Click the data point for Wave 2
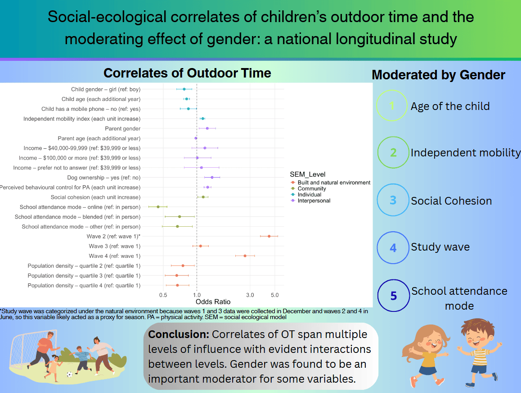(269, 236)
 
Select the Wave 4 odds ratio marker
(245, 256)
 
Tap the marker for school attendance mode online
(158, 207)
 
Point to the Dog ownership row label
(103, 178)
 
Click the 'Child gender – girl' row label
(106, 89)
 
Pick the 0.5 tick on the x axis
(163, 295)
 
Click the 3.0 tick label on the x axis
(250, 295)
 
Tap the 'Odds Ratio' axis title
(213, 302)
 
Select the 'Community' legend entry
(312, 189)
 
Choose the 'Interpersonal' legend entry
(314, 201)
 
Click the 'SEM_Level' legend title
(308, 174)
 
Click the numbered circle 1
(392, 106)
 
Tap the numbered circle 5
(393, 296)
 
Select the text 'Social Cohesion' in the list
(451, 201)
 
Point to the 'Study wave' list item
(440, 247)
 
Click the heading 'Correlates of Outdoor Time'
(187, 73)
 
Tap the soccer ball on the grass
(69, 374)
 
